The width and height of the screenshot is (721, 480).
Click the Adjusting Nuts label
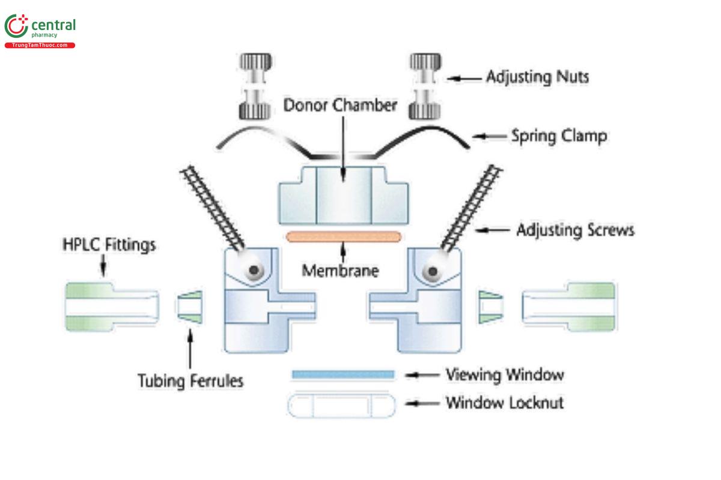coord(537,77)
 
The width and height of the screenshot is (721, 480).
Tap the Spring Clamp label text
coord(558,136)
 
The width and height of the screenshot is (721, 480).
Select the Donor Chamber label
coord(340,106)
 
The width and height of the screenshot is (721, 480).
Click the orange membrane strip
coord(344,236)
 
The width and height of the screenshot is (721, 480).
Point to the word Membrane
coord(340,271)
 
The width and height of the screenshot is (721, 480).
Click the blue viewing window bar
coord(343,374)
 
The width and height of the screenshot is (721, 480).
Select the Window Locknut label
coord(504,402)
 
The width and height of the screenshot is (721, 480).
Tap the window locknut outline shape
coord(341,406)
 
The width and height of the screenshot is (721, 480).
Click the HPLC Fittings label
coord(109,245)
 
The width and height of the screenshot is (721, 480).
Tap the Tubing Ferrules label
coord(191,380)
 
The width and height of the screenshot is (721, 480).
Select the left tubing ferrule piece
coord(189,307)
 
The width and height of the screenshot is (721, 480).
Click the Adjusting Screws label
coord(575,230)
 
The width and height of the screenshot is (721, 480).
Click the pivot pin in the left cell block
coord(255,271)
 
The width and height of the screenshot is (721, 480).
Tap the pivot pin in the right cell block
coord(431,271)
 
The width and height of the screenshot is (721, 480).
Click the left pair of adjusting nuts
coord(255,86)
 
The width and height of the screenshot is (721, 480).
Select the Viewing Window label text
coord(504,375)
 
